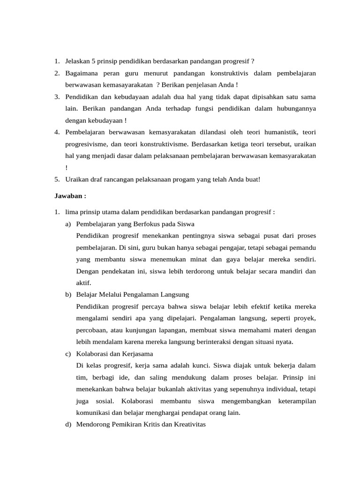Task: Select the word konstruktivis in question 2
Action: pos(227,73)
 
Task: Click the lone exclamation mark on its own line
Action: pos(67,167)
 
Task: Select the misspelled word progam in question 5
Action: pos(187,179)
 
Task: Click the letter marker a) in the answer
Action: pos(68,224)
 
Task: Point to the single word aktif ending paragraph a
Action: pos(83,283)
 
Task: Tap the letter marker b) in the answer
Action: pos(68,294)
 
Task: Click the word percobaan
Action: pos(90,330)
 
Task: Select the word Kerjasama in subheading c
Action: pos(137,353)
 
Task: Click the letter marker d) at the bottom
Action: pos(68,424)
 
